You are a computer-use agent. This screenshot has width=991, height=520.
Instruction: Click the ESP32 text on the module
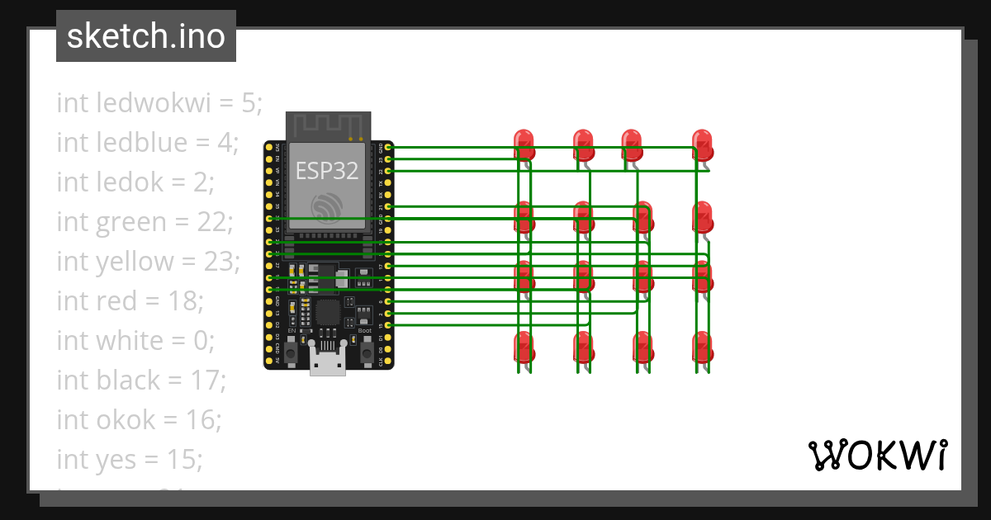328,171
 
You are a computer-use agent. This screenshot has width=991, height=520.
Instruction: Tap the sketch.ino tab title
146,36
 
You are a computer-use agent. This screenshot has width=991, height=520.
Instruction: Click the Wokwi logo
877,456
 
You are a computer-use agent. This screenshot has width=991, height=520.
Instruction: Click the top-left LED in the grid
524,144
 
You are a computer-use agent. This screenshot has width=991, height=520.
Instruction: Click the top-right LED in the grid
702,144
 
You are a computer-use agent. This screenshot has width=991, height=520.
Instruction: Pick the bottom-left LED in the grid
524,347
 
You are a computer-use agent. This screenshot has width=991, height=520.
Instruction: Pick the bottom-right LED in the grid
702,347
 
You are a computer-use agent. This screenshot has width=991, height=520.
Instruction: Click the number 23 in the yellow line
220,262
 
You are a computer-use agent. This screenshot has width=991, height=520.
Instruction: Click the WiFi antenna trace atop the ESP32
328,126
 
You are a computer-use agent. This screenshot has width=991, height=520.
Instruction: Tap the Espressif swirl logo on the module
328,207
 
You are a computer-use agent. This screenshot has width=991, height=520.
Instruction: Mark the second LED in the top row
583,144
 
